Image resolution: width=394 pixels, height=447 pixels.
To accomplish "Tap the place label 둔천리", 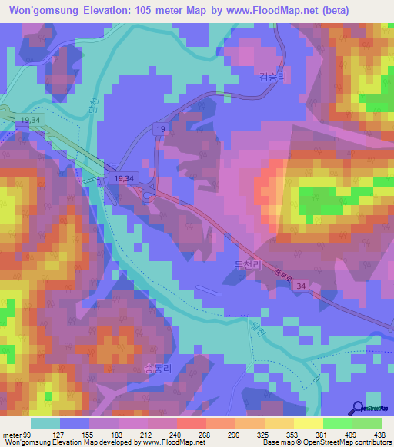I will point(248,263).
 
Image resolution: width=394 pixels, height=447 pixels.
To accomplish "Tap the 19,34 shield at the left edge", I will point(30,121).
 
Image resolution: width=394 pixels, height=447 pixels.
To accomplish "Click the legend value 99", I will point(28,434).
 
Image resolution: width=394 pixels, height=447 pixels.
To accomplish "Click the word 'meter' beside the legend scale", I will point(12,434).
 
